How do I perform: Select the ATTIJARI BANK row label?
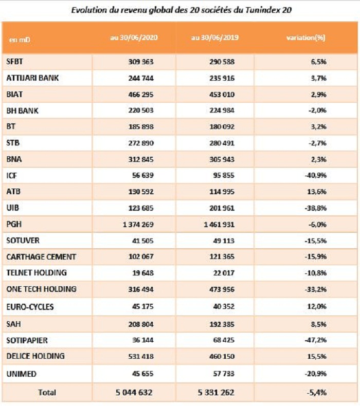tap(32, 78)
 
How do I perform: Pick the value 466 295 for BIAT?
tap(139, 95)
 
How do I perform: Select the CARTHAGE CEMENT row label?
tap(41, 256)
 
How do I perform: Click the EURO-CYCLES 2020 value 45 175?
tap(141, 307)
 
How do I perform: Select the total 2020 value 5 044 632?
tap(135, 392)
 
